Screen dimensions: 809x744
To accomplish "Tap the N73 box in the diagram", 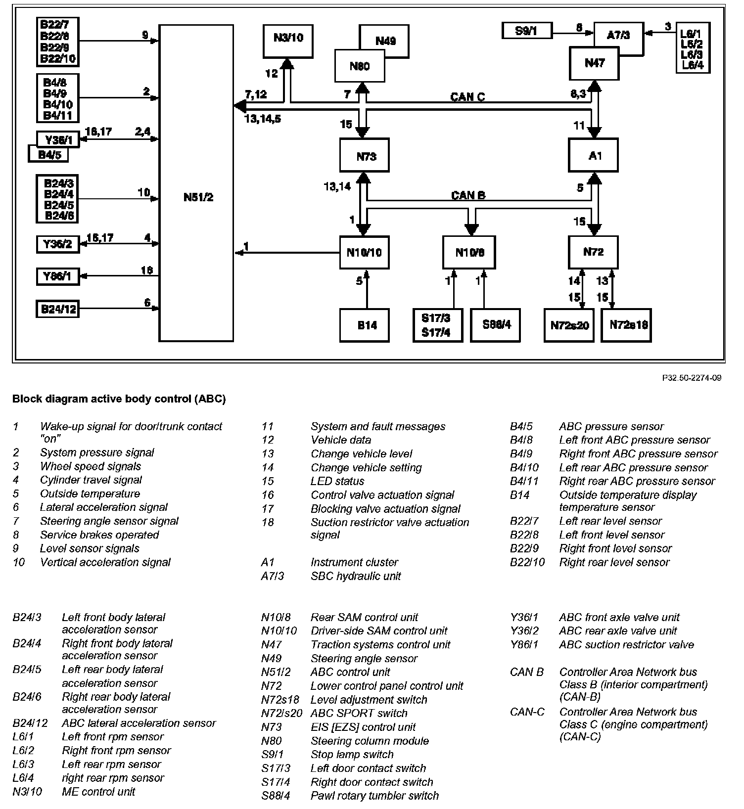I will click(365, 156).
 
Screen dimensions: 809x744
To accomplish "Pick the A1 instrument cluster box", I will click(593, 155).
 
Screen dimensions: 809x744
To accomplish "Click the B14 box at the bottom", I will click(365, 325).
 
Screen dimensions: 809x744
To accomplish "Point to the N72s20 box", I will click(569, 325).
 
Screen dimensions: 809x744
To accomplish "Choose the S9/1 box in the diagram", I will click(526, 31).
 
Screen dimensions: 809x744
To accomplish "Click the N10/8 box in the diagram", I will click(469, 252).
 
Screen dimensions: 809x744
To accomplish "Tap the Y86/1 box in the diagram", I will click(57, 276).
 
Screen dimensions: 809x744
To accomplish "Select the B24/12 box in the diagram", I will click(57, 309).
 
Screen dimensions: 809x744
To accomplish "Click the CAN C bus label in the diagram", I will click(467, 96).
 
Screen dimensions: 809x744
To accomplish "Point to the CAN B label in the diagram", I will click(468, 195).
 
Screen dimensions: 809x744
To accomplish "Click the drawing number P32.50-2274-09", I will click(692, 378).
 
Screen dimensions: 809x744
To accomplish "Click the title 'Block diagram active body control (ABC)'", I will click(119, 399).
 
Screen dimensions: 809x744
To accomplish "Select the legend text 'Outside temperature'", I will click(90, 494).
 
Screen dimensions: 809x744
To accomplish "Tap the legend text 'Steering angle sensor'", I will click(364, 658).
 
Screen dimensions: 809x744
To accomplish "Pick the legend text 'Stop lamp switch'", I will click(352, 754).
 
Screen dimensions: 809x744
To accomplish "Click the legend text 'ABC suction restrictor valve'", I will click(626, 644).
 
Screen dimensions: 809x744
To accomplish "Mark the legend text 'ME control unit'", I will click(98, 791).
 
